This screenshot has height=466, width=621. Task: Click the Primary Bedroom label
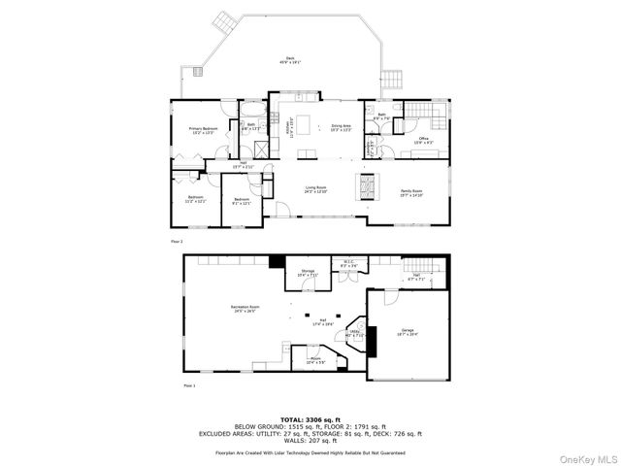tap(201, 130)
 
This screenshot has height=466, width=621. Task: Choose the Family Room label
tap(412, 193)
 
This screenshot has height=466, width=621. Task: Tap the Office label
tap(423, 141)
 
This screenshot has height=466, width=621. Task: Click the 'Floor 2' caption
tap(177, 240)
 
